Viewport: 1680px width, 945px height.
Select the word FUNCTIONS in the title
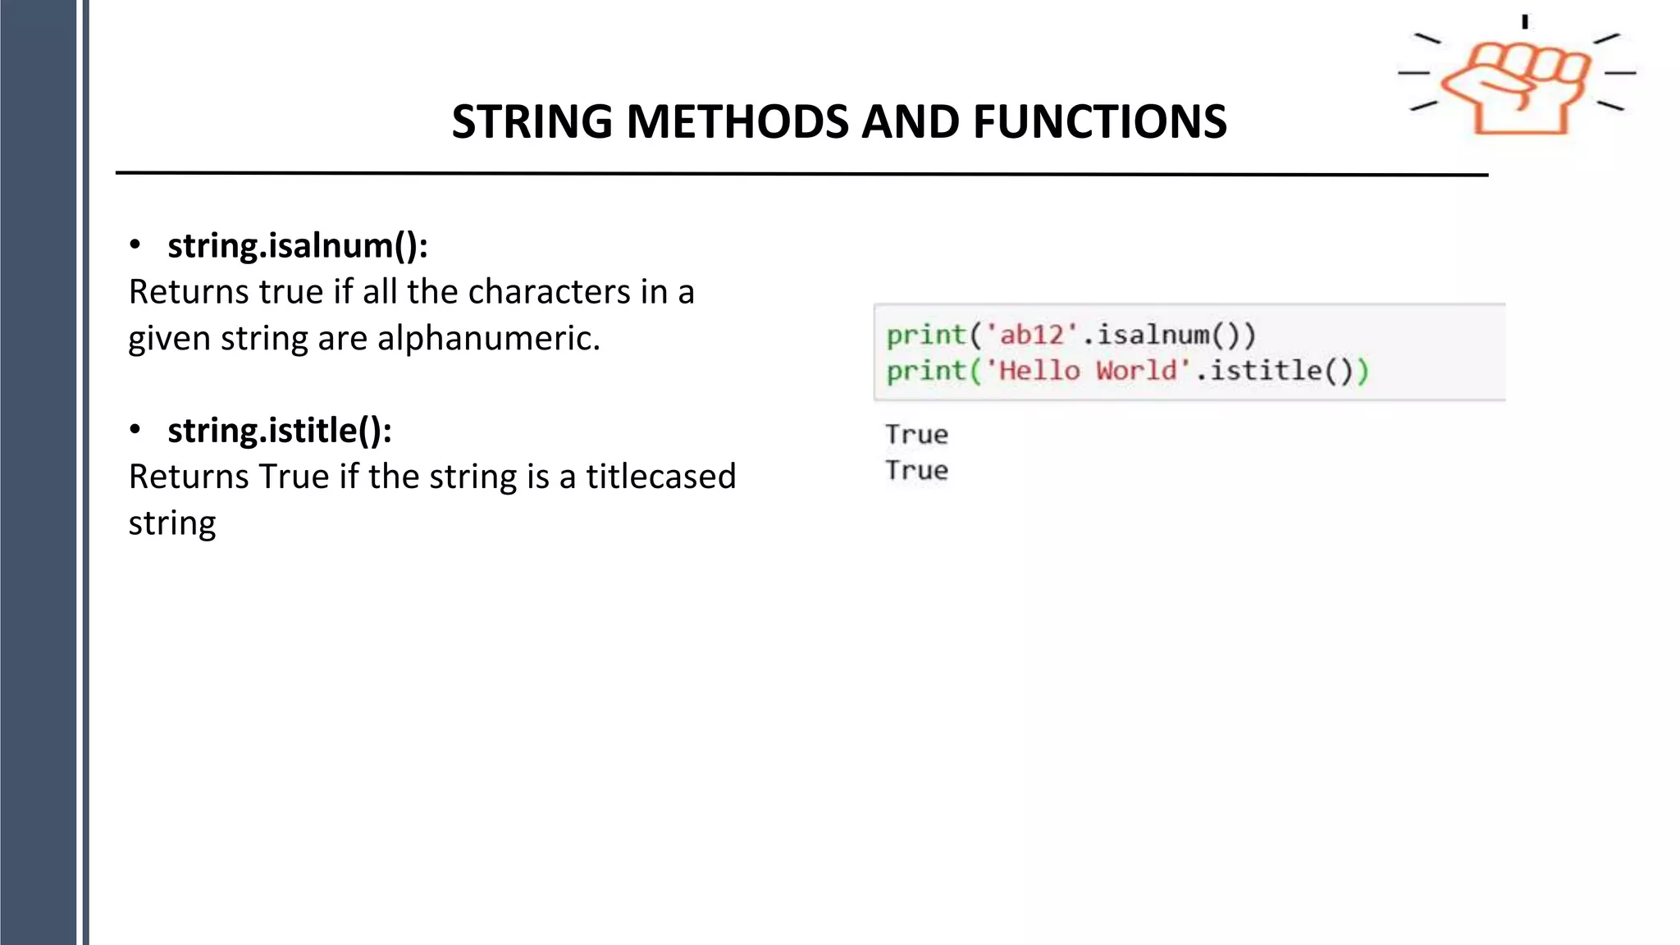click(x=1099, y=122)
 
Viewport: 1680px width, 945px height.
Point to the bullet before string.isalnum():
click(x=135, y=245)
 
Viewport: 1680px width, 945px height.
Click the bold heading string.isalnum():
click(x=298, y=245)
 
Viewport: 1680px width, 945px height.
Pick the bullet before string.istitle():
click(x=135, y=430)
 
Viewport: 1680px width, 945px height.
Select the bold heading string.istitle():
click(x=280, y=430)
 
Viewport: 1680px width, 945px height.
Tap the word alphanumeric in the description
click(x=488, y=338)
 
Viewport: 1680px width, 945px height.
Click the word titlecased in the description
click(x=660, y=477)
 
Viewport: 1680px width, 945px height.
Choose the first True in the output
click(x=916, y=435)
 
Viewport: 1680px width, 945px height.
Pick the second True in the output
click(x=916, y=471)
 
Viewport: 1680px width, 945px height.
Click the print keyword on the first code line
click(x=926, y=335)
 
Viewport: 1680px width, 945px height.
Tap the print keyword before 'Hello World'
click(x=926, y=371)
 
